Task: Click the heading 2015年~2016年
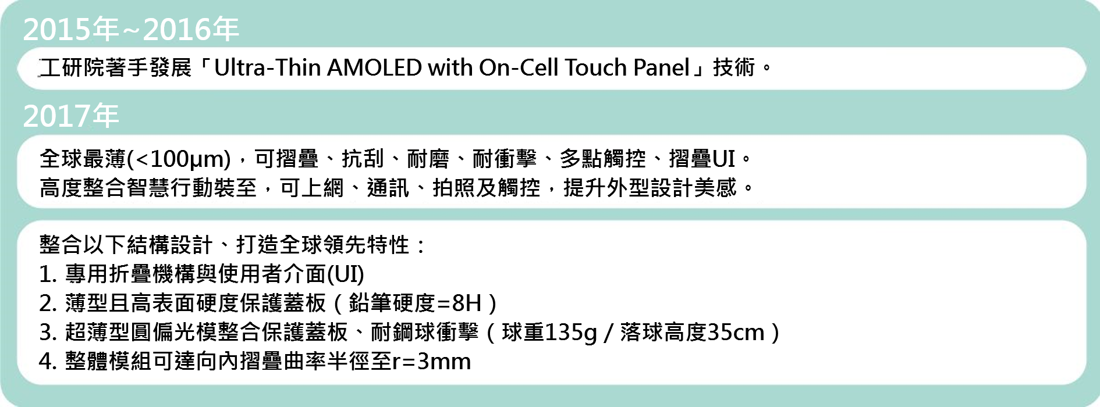(131, 30)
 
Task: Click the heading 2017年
(71, 116)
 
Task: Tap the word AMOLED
(374, 68)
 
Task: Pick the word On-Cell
(519, 68)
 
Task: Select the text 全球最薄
(83, 159)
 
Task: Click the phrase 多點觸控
(603, 159)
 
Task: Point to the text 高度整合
(83, 188)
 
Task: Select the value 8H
(467, 304)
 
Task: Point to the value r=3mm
(431, 362)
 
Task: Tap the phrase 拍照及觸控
(487, 188)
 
